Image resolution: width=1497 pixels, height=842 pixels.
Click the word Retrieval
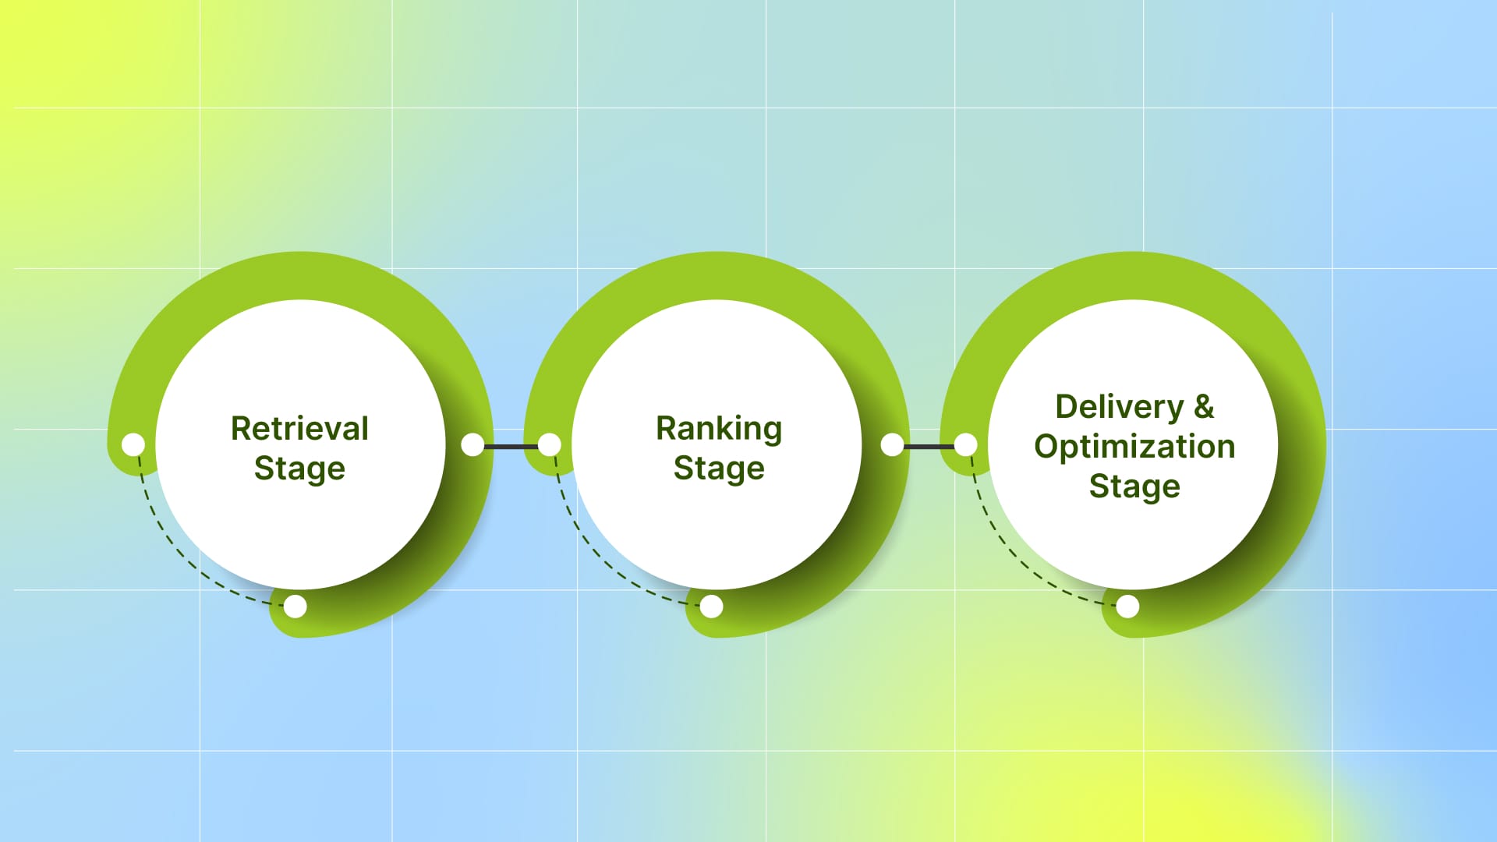[x=299, y=428]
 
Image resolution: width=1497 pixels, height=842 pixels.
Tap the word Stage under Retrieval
[x=299, y=469]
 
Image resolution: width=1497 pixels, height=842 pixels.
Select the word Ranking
[x=718, y=428]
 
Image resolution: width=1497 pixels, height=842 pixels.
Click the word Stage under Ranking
[x=718, y=469]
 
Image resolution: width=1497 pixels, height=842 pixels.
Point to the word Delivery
[x=1119, y=407]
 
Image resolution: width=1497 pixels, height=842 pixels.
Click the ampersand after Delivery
[x=1204, y=406]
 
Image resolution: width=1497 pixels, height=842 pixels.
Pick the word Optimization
[x=1134, y=447]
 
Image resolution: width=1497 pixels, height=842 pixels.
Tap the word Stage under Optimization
[x=1134, y=486]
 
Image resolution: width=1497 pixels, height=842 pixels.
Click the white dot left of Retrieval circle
[x=133, y=444]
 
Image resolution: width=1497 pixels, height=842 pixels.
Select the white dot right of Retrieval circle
[x=472, y=444]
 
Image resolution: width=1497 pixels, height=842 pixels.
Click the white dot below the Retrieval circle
[x=296, y=606]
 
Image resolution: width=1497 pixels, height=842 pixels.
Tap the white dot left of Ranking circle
[x=549, y=444]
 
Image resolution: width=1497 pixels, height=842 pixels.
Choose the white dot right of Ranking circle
[x=892, y=444]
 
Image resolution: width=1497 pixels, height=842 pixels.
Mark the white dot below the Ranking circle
[x=711, y=606]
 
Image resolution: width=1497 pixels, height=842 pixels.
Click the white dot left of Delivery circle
[x=965, y=444]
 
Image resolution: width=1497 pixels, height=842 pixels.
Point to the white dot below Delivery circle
[x=1127, y=606]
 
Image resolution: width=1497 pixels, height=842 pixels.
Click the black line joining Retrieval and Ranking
[x=511, y=446]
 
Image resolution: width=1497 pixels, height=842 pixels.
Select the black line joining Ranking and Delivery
[x=929, y=446]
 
